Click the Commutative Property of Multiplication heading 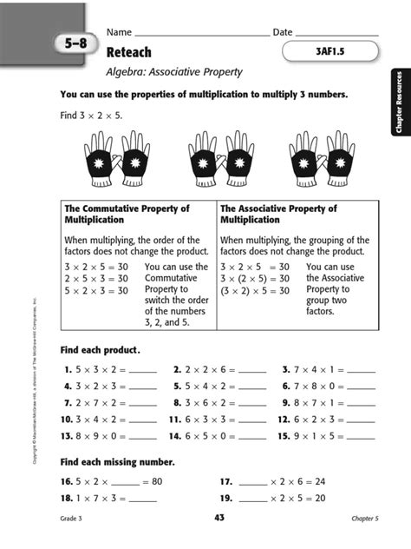127,215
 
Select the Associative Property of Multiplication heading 279,215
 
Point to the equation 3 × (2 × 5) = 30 255,279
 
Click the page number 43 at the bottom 219,519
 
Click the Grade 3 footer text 74,519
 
